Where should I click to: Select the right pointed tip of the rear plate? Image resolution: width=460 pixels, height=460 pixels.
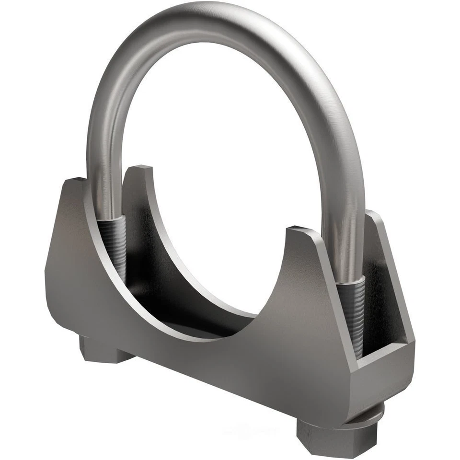(x=374, y=214)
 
